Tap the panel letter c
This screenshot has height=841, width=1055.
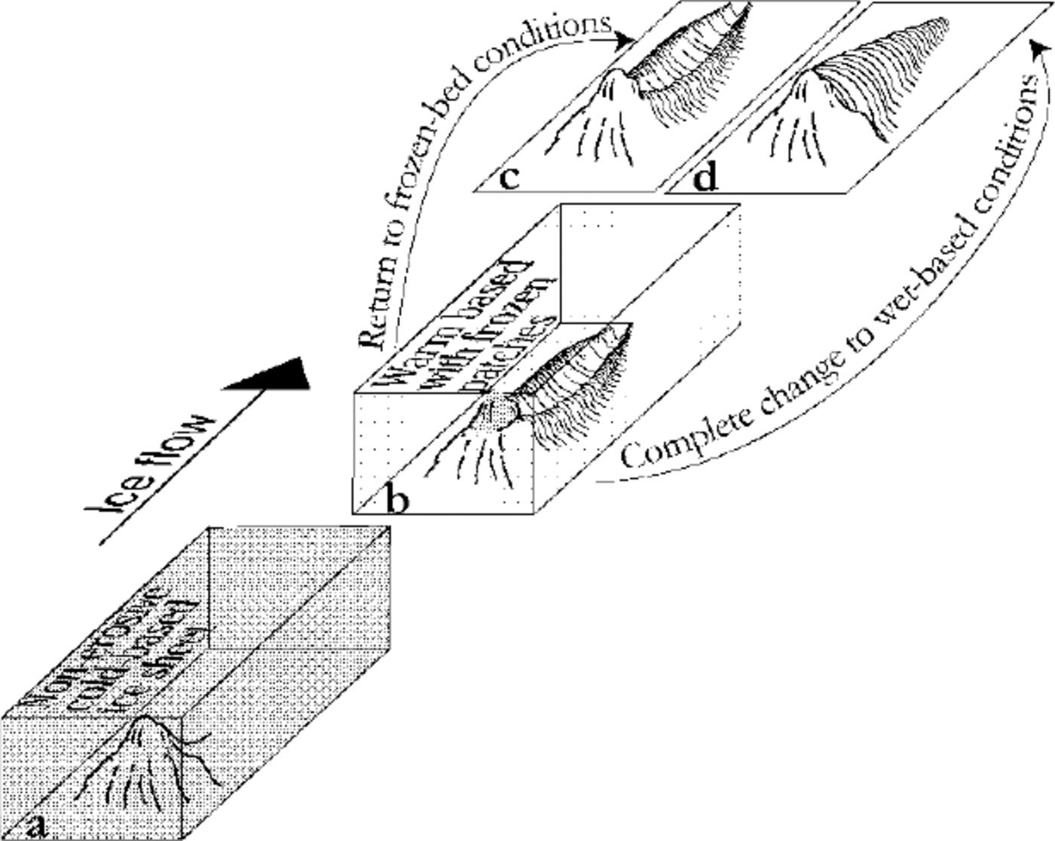click(x=509, y=179)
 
